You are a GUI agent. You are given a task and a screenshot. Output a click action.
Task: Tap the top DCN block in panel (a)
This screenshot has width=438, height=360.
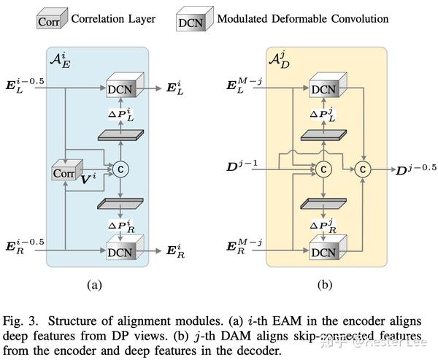tap(122, 88)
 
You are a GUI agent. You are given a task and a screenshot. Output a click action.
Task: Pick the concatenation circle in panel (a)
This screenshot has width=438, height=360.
tap(120, 169)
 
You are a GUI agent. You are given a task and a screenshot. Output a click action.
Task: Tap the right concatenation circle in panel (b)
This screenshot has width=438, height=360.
tap(363, 169)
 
